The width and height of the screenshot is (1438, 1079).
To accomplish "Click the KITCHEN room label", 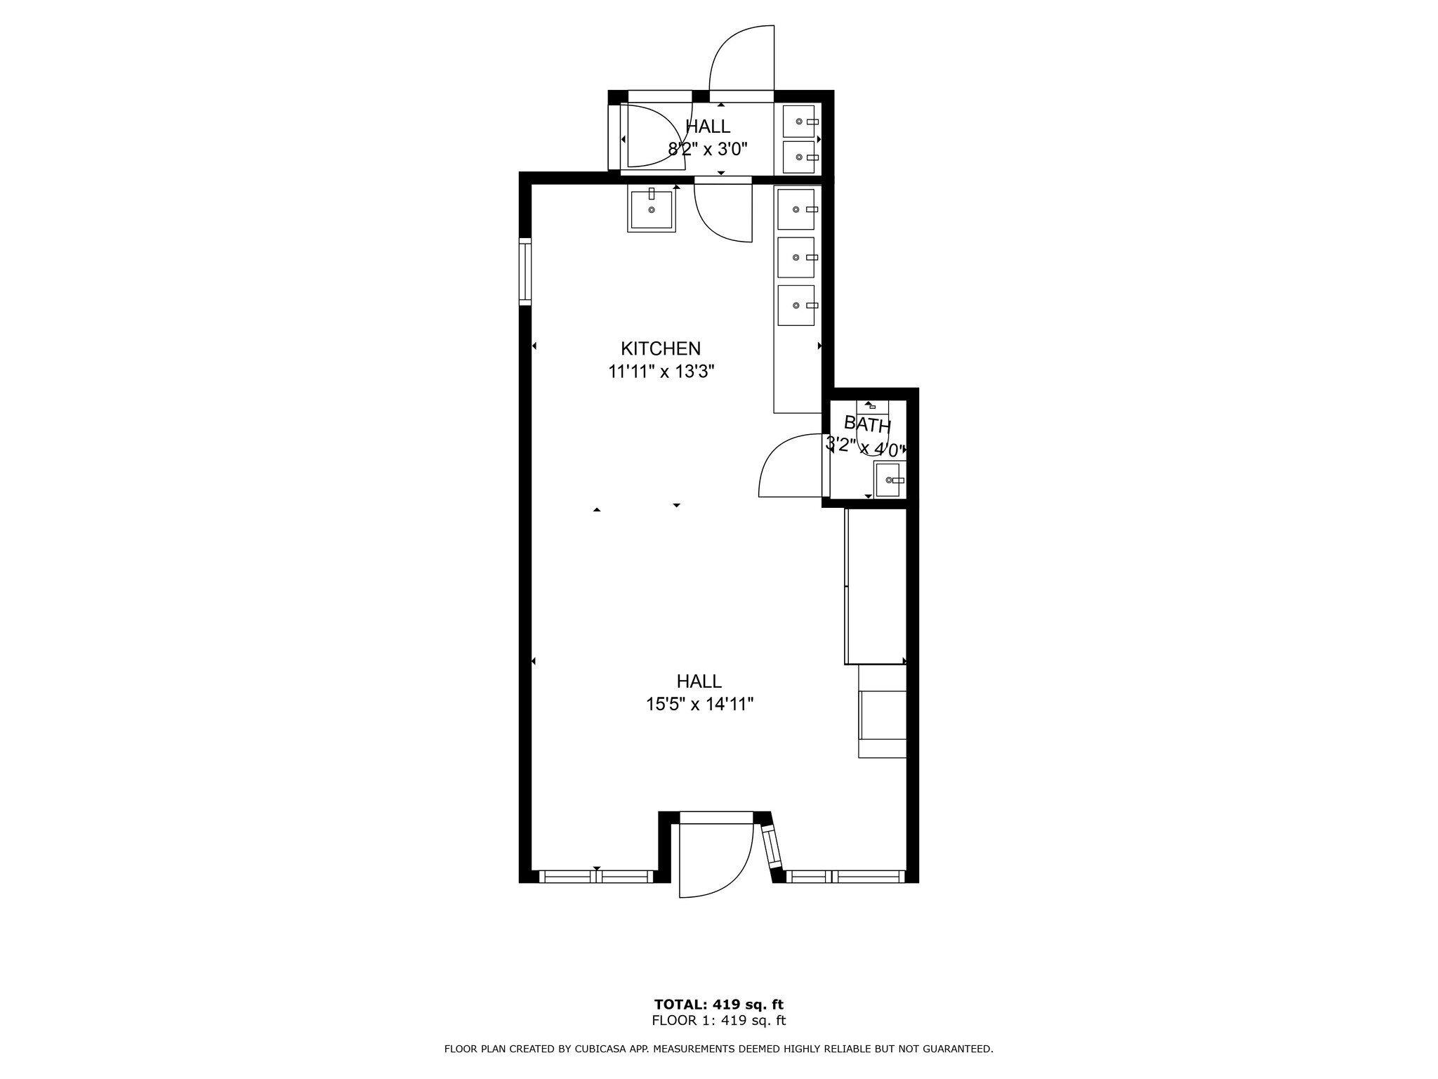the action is (661, 348).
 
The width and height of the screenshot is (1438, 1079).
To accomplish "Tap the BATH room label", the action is (867, 424).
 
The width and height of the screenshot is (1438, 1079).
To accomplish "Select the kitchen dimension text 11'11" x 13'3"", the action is (661, 372).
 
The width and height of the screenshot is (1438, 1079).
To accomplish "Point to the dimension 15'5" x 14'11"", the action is (700, 704).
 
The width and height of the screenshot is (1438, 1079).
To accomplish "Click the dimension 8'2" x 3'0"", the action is (708, 149).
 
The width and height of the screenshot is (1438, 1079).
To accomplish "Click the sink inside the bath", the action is (890, 480).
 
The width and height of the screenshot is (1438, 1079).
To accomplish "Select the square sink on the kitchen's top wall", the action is (652, 209).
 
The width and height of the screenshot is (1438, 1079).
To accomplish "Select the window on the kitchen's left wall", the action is (525, 271).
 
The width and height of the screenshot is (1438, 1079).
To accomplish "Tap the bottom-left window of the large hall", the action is (596, 876).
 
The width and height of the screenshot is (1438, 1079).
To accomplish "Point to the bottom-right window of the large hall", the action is (845, 876).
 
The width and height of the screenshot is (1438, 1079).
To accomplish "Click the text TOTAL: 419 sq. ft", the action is (719, 1005).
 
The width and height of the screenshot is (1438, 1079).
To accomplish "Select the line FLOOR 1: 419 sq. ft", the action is (719, 1021).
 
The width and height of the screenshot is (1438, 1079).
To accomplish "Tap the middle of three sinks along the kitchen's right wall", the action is (796, 257).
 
